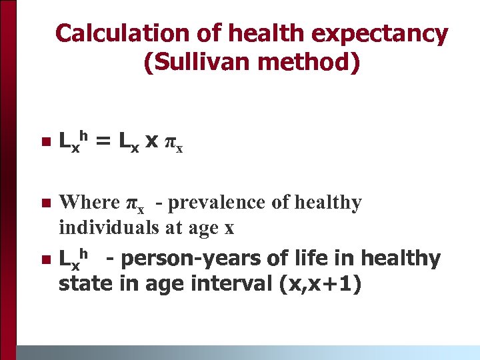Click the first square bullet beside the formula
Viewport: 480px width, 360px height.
pyautogui.click(x=45, y=141)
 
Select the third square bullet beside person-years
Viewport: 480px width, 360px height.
pyautogui.click(x=45, y=259)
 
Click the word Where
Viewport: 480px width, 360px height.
pyautogui.click(x=89, y=202)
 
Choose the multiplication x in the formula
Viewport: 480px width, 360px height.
pyautogui.click(x=151, y=141)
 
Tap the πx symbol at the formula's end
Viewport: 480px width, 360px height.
pyautogui.click(x=174, y=143)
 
